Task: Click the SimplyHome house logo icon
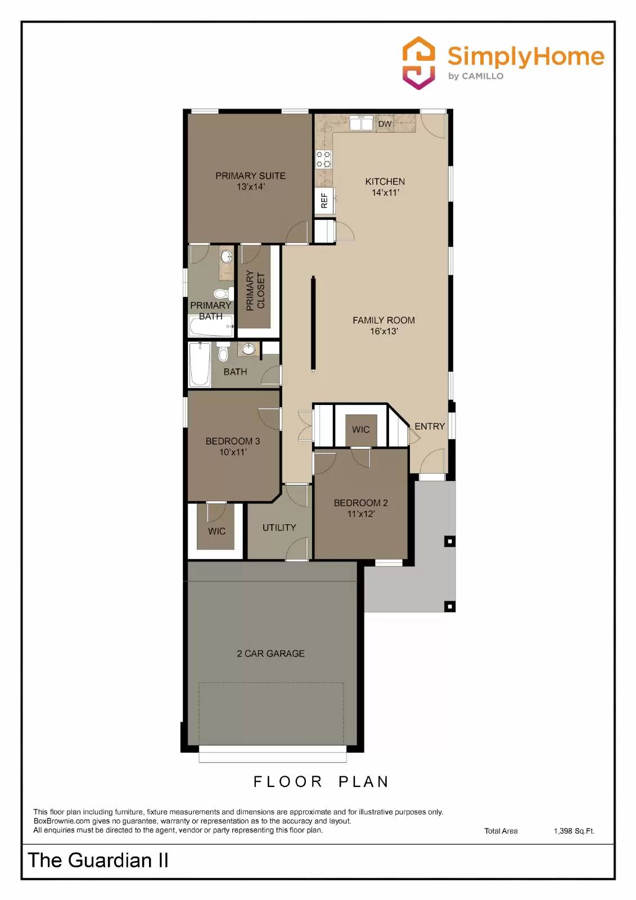[x=418, y=62]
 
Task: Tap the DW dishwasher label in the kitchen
[x=385, y=124]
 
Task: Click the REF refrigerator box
[x=324, y=201]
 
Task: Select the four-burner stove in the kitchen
[x=323, y=159]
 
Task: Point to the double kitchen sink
[x=361, y=123]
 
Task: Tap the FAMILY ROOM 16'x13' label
[x=384, y=325]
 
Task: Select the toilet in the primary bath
[x=221, y=294]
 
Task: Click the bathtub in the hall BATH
[x=200, y=364]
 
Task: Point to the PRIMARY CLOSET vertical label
[x=255, y=290]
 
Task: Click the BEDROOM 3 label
[x=232, y=446]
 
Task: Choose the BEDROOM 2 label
[x=360, y=508]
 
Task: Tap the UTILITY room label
[x=279, y=528]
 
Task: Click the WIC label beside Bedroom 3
[x=216, y=531]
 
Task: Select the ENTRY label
[x=430, y=426]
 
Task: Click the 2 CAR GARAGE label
[x=270, y=654]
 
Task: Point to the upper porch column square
[x=449, y=542]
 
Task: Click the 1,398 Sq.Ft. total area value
[x=574, y=831]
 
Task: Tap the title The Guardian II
[x=98, y=860]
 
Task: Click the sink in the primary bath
[x=226, y=258]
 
